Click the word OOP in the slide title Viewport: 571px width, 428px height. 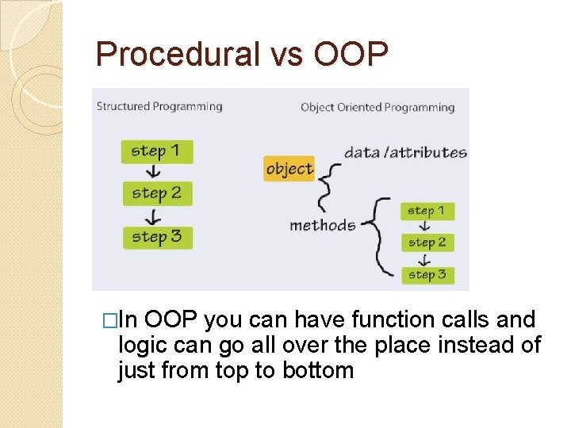351,55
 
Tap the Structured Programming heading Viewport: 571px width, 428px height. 159,106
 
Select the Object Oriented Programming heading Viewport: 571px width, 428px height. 377,107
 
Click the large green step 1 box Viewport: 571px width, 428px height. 156,151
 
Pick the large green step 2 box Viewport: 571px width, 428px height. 156,193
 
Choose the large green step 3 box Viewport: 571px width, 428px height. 156,236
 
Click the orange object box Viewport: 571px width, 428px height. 289,168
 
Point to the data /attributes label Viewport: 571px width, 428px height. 405,152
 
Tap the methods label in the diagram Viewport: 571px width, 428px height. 322,225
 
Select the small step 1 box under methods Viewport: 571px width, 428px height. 427,211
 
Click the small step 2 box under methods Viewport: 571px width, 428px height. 427,243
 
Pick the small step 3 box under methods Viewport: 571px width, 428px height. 427,275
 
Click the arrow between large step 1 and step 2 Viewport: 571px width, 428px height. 155,173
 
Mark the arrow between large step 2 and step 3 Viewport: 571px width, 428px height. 155,215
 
